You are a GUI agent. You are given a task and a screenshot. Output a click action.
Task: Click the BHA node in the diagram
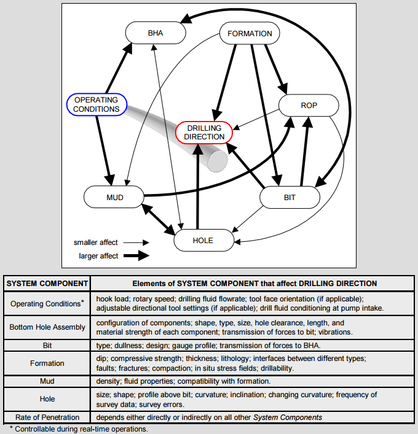coord(156,33)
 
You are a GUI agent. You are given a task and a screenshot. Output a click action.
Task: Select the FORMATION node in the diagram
coord(250,33)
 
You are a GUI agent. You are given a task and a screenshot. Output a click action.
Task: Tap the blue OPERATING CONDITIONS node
coord(97,105)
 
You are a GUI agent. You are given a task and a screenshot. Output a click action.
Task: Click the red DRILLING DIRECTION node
coord(204,132)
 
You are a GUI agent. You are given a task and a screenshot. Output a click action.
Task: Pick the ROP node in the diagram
coord(309,106)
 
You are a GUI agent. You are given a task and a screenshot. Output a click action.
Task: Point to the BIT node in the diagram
coord(290,198)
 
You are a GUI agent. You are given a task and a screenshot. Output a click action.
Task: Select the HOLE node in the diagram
coord(203,240)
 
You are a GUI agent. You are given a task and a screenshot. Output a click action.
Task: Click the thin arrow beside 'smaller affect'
coord(135,242)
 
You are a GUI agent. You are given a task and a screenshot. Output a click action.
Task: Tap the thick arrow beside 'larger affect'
coord(135,255)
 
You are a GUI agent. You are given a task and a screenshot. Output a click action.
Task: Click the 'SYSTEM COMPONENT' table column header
coord(47,283)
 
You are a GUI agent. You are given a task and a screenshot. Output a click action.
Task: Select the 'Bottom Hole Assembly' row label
coord(47,327)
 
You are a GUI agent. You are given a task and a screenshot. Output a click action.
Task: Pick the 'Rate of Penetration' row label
coord(47,417)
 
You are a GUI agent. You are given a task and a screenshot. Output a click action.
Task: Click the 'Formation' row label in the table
coord(47,363)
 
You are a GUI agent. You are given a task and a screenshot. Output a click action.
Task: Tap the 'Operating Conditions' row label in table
coord(47,303)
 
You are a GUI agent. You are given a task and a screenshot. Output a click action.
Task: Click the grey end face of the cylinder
coord(218,160)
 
